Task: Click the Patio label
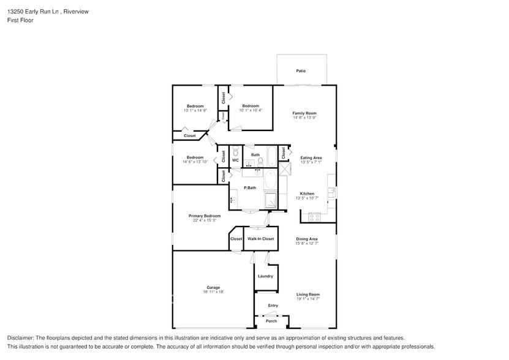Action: click(x=301, y=71)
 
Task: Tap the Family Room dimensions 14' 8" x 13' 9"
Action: click(x=304, y=118)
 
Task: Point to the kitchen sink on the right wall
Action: click(x=331, y=192)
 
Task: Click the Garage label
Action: click(x=213, y=287)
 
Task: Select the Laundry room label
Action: click(x=265, y=276)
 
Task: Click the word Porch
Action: click(x=271, y=321)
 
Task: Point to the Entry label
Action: click(x=273, y=306)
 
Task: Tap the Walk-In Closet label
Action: click(x=260, y=238)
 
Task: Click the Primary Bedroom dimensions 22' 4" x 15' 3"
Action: click(x=205, y=220)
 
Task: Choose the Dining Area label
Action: click(x=307, y=239)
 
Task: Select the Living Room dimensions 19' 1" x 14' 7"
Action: click(x=308, y=299)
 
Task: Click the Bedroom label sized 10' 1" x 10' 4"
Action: click(x=250, y=110)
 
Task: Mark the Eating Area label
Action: click(x=311, y=157)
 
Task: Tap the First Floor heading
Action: click(x=21, y=20)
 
